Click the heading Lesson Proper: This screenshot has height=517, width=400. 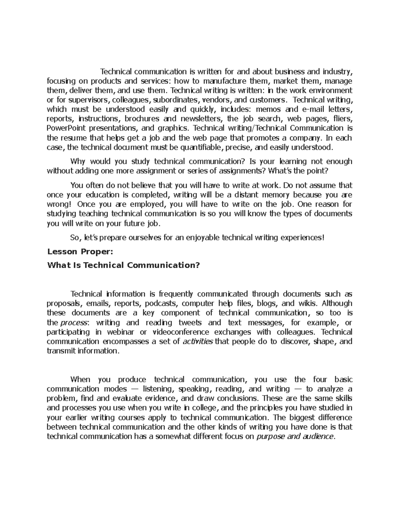coord(80,252)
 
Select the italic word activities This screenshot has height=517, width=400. coord(198,342)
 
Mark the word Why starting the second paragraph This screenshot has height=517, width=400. coord(78,162)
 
